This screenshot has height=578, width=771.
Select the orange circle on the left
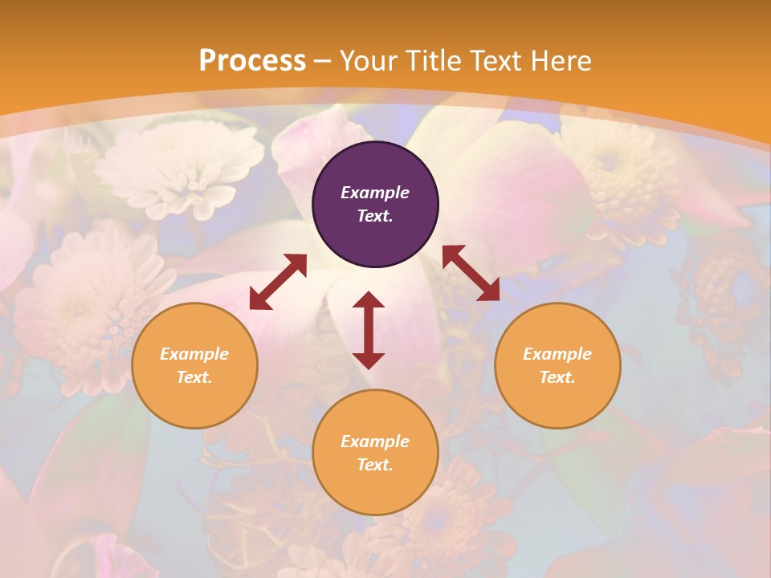point(194,365)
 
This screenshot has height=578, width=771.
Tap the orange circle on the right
point(557,365)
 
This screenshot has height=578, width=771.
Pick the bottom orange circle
point(375,452)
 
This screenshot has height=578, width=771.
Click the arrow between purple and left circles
point(278,282)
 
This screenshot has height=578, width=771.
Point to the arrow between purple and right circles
point(471,273)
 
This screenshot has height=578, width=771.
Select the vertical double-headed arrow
point(369,330)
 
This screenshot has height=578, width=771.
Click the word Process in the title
point(252,60)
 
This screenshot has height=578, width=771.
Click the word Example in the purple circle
point(375,193)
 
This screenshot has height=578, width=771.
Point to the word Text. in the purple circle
point(375,216)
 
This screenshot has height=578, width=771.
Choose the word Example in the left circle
point(194,354)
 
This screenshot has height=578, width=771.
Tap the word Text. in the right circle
point(557,377)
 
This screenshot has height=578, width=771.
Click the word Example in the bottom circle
point(375,442)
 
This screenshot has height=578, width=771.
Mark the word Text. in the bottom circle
point(375,465)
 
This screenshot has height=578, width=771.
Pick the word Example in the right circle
point(557,354)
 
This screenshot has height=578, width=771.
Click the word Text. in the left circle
point(194,377)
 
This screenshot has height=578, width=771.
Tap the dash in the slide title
point(323,61)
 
